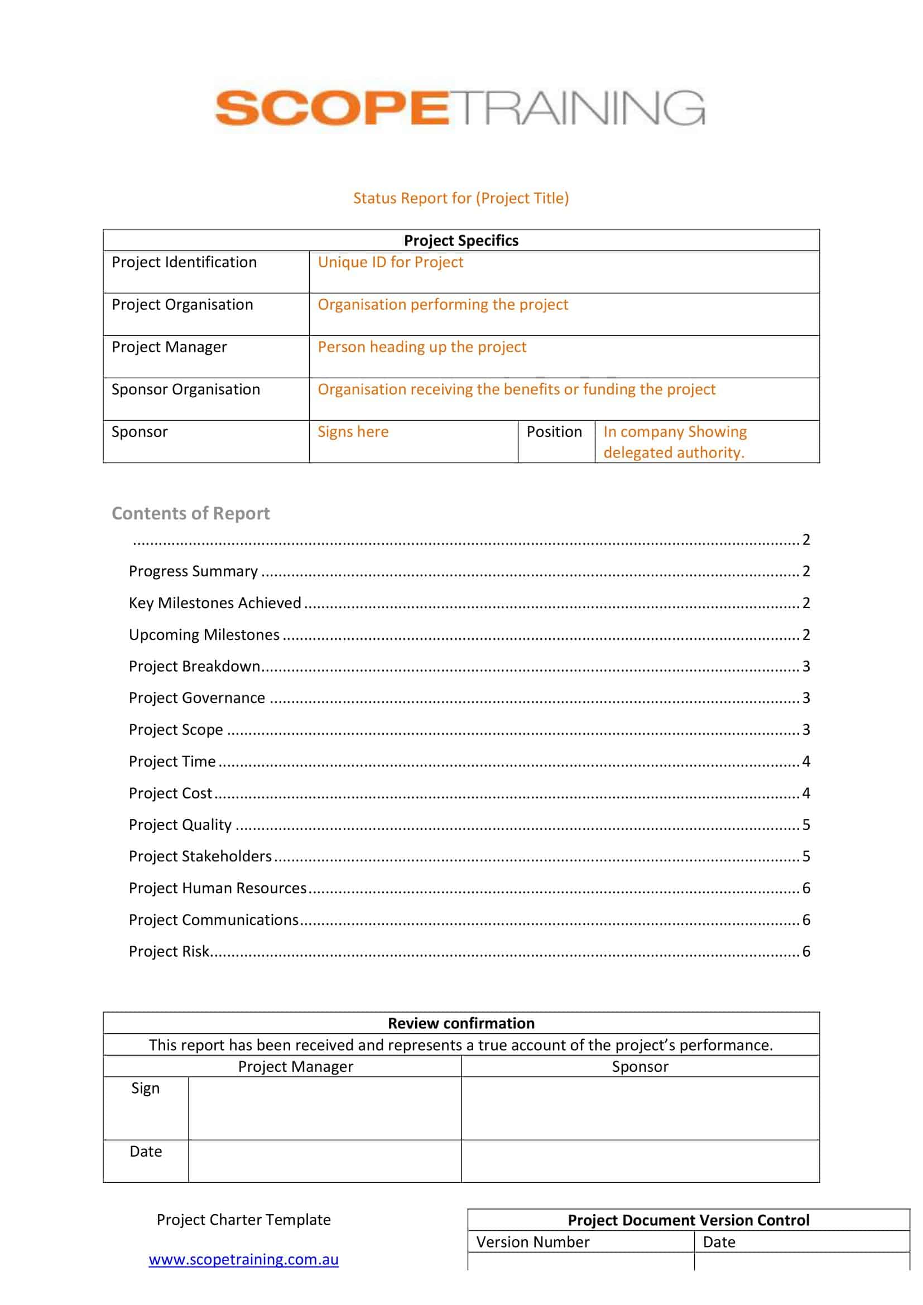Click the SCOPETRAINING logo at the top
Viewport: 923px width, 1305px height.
pos(460,108)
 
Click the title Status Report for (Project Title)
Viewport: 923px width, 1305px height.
pos(461,198)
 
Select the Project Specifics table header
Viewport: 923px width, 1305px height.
pos(461,240)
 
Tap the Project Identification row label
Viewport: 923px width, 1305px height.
pos(184,262)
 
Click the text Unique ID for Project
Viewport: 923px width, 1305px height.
pos(391,262)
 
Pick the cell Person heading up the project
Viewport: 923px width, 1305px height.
pos(422,346)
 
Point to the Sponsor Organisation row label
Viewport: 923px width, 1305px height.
pos(186,389)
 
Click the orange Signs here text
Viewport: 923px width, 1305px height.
pos(353,432)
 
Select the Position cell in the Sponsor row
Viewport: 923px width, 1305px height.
pos(554,432)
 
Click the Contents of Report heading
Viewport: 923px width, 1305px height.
pos(190,513)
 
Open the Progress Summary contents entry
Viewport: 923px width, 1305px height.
pos(193,571)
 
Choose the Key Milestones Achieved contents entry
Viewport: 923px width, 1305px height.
pos(215,603)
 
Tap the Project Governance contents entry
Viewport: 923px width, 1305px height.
pos(196,698)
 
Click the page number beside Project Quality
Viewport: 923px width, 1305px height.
pos(806,825)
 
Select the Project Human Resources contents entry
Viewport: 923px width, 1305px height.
pos(218,888)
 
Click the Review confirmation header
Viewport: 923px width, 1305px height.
pos(461,1023)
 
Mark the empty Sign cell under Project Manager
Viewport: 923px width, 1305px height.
pos(325,1108)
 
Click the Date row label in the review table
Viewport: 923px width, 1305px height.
pos(146,1152)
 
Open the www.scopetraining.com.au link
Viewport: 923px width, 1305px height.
pos(244,1260)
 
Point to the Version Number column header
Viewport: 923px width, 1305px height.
pos(532,1243)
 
